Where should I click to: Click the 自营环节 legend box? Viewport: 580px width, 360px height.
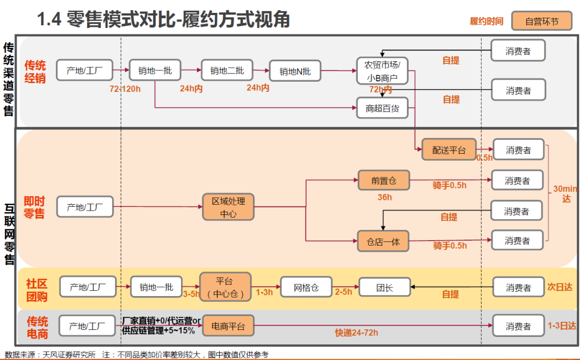[x=541, y=21]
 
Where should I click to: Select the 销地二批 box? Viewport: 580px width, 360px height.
[x=227, y=70]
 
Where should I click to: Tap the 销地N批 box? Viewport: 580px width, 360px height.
[x=294, y=71]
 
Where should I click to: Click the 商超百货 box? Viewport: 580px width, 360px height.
[x=382, y=108]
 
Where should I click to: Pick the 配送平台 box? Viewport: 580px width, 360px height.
[x=449, y=149]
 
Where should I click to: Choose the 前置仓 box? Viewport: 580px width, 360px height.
[x=383, y=181]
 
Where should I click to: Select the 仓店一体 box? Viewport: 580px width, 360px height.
[x=383, y=241]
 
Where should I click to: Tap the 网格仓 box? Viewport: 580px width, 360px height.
[x=306, y=288]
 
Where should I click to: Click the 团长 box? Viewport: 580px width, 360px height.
[x=384, y=288]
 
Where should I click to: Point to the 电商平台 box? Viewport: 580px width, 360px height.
[x=228, y=326]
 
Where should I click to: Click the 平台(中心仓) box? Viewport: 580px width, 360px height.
[x=226, y=287]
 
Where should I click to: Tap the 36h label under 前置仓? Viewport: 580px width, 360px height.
[x=385, y=197]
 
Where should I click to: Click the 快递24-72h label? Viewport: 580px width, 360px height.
[x=357, y=333]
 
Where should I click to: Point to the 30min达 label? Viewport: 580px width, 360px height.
[x=565, y=193]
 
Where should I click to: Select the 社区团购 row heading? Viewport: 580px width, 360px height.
[x=37, y=290]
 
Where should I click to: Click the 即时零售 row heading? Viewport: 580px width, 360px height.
[x=34, y=207]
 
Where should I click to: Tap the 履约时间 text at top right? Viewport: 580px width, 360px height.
[x=487, y=21]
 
